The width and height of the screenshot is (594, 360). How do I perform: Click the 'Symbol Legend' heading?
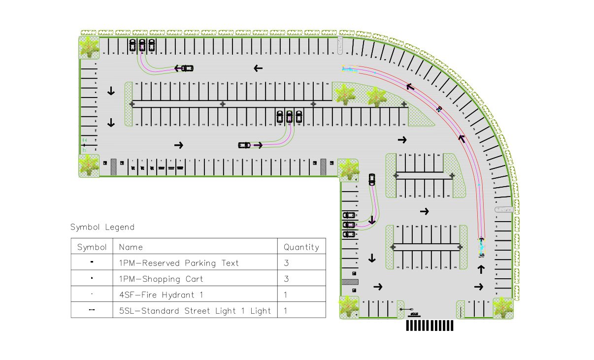point(102,227)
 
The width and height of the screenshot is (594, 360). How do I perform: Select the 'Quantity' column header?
point(301,247)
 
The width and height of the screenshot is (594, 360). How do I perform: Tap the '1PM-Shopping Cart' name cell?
point(161,279)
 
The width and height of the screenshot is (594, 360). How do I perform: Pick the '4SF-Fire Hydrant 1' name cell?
point(161,295)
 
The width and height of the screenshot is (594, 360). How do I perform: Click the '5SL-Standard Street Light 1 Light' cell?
point(195,311)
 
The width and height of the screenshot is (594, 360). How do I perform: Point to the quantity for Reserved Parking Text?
point(287,263)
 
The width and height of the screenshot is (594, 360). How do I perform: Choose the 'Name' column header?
point(131,247)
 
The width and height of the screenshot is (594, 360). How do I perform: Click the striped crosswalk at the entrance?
point(429,326)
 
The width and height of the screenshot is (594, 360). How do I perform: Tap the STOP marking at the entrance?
point(413,314)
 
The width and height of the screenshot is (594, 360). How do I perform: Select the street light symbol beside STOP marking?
point(403,309)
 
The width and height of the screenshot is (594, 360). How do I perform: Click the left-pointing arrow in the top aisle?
point(258,68)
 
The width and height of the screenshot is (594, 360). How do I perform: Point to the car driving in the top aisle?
point(187,68)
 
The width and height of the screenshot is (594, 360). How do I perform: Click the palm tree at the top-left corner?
point(89,46)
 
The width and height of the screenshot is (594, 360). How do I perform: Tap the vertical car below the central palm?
point(372,179)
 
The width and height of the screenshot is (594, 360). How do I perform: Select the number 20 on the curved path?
point(439,108)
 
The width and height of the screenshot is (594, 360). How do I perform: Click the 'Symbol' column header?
point(92,247)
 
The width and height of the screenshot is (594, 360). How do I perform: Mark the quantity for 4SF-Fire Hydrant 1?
point(286,295)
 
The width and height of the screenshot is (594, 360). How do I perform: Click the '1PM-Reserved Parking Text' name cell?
point(179,263)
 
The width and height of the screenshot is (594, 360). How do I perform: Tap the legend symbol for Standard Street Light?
point(92,311)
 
